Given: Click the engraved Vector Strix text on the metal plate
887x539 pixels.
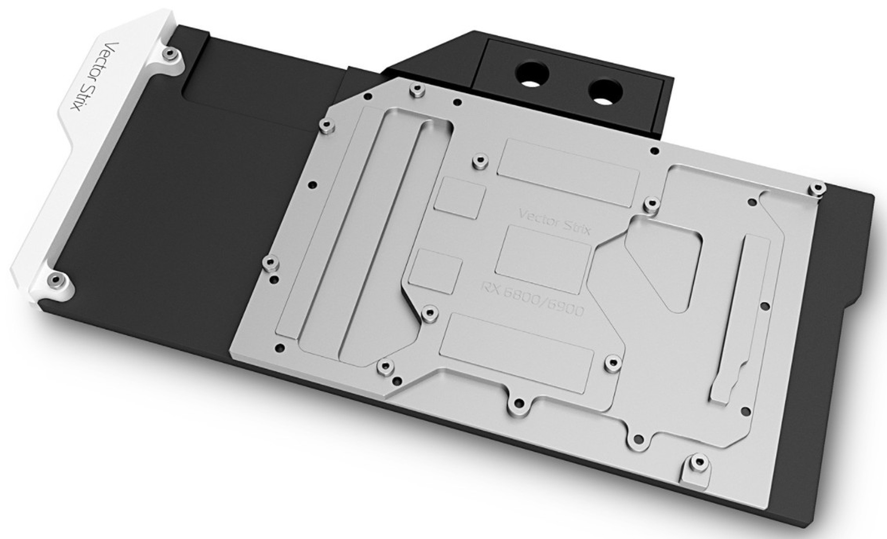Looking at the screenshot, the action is click(555, 220).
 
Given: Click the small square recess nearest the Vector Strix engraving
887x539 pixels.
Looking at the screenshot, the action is click(459, 200).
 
